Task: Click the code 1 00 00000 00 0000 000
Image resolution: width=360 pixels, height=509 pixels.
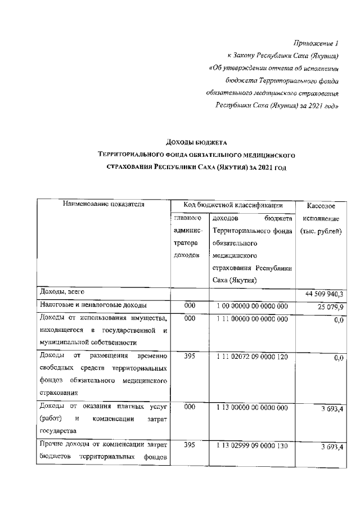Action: pos(252,305)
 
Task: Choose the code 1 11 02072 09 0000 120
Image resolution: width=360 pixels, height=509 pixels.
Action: pos(252,356)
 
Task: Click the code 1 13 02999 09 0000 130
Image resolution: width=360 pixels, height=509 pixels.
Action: pos(252,444)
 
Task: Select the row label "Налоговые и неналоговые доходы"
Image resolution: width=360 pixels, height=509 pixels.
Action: pos(93,305)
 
